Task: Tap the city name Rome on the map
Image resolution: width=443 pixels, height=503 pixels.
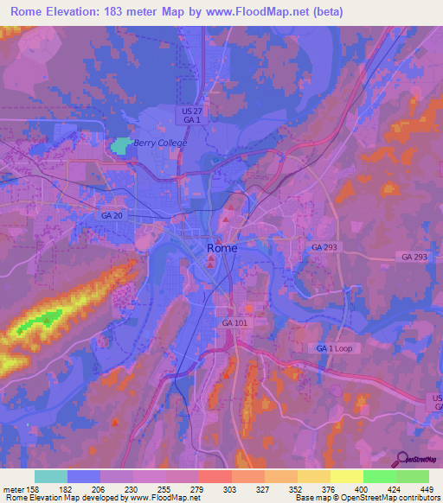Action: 221,249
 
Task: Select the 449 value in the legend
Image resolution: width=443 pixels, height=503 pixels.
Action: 424,488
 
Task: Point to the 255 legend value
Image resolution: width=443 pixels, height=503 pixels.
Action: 161,488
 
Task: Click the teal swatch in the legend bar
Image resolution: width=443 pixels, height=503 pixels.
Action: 51,476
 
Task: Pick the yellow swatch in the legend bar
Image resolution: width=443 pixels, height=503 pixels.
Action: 346,476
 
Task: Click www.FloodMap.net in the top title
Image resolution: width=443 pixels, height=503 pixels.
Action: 259,12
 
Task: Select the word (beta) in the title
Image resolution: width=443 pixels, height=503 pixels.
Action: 328,12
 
